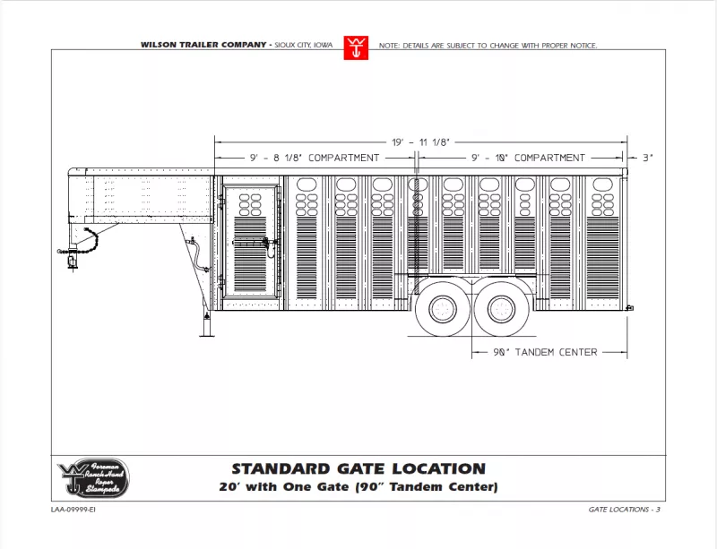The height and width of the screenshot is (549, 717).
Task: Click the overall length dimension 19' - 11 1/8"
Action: tap(419, 142)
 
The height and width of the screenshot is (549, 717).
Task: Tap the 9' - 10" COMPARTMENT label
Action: tap(529, 158)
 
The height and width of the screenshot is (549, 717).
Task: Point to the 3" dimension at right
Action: tap(648, 158)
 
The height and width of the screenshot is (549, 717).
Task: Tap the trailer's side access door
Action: tap(251, 240)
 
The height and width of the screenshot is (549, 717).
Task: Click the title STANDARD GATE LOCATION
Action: tap(358, 468)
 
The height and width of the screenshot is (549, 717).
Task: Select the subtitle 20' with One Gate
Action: tap(358, 488)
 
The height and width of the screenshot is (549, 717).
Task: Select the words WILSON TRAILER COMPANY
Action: tap(203, 45)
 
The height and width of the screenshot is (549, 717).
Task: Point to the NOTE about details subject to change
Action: tap(488, 45)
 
